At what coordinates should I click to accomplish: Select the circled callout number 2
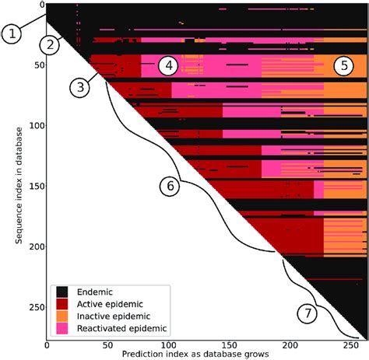pyautogui.click(x=51, y=44)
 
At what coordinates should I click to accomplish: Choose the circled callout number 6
pyautogui.click(x=170, y=186)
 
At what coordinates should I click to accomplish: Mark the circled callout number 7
pyautogui.click(x=307, y=314)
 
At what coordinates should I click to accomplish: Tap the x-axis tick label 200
pyautogui.click(x=290, y=345)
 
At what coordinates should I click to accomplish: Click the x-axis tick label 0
pyautogui.click(x=47, y=345)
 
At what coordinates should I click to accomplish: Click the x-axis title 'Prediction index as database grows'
pyautogui.click(x=195, y=354)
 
